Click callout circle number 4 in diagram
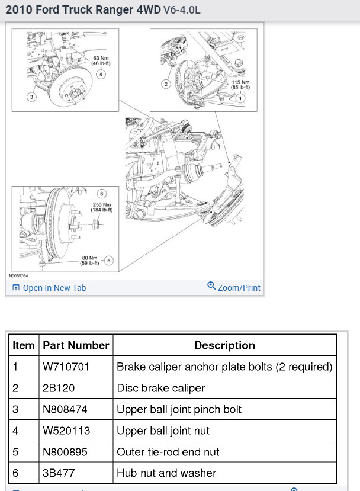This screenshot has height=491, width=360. tap(101, 74)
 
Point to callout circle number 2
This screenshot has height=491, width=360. tap(166, 84)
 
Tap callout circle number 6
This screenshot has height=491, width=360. tap(101, 194)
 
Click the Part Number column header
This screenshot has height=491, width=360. tap(76, 345)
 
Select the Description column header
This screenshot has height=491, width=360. tap(224, 345)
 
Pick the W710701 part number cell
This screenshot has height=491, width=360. tap(66, 367)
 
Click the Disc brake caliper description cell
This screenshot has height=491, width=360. tap(160, 388)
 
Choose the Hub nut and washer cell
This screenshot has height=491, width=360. tap(166, 473)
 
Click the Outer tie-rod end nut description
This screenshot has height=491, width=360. tap(168, 451)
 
